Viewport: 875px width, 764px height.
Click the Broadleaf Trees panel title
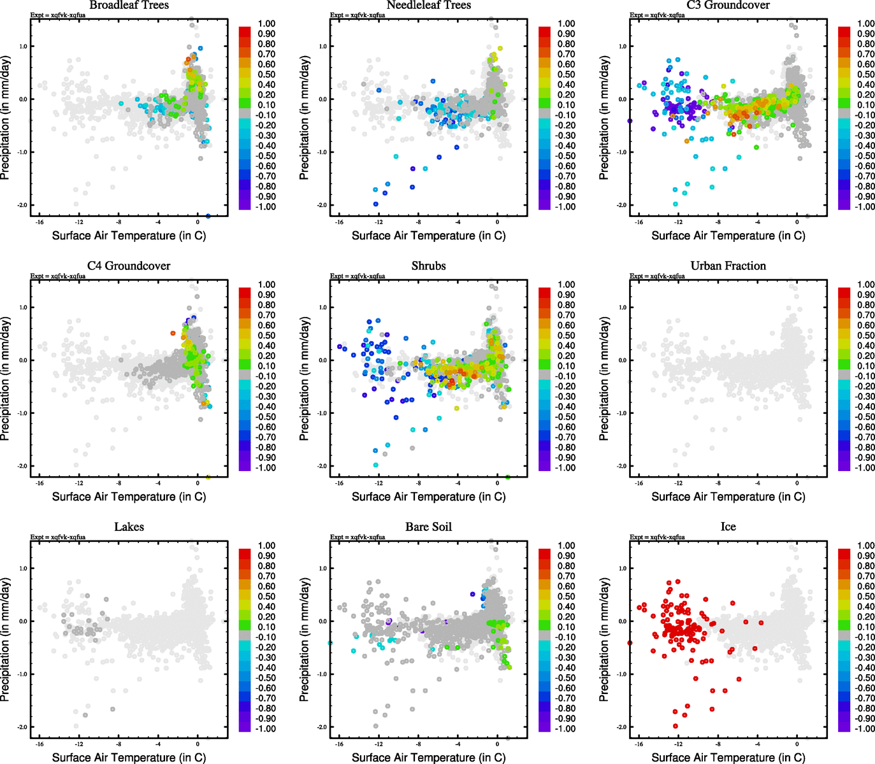(129, 5)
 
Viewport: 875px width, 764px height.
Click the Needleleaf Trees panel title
(428, 5)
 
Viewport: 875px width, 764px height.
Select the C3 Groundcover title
(728, 5)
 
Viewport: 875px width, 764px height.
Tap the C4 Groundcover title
(129, 266)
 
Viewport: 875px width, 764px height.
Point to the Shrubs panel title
(428, 266)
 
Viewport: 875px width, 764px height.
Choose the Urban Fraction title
(728, 266)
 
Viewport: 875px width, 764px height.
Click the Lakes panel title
(129, 527)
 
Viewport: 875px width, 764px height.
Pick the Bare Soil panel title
(428, 527)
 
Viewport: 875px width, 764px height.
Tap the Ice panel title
(728, 527)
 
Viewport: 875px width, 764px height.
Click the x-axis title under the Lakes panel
(129, 757)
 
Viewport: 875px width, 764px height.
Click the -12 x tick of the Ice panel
(678, 744)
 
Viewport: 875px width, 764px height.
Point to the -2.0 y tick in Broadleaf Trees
(23, 205)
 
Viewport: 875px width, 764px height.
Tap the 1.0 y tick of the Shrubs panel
(322, 308)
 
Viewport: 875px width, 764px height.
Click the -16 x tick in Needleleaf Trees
(339, 222)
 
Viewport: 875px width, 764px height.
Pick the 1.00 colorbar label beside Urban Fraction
(865, 285)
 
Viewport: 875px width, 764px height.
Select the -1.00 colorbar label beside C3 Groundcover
(864, 207)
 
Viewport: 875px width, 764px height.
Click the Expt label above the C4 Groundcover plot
(58, 276)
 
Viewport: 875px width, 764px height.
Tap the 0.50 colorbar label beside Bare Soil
(567, 597)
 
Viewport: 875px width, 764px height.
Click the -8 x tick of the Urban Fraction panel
(718, 483)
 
